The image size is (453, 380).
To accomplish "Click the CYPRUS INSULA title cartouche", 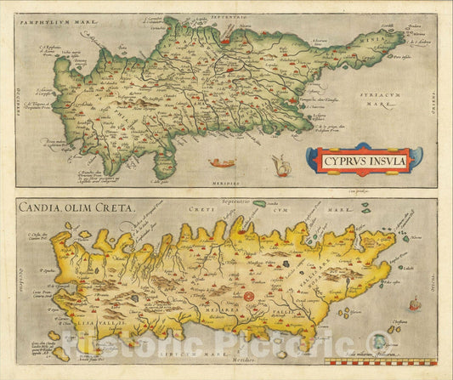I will coord(364,159).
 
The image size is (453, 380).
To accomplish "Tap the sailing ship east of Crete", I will coord(414,303).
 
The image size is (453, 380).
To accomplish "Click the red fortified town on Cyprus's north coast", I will coord(228,39).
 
